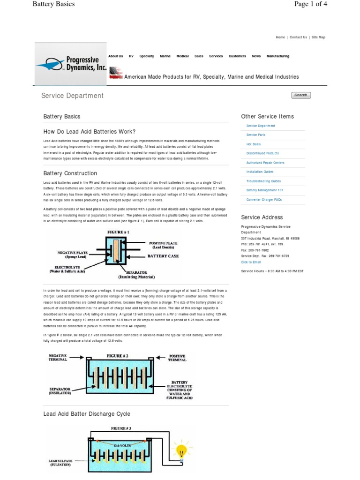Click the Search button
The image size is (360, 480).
click(x=300, y=95)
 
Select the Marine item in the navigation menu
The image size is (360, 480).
click(x=165, y=56)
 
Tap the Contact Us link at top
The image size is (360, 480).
click(x=298, y=37)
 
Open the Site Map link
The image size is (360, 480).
click(x=318, y=37)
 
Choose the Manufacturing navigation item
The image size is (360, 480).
click(x=277, y=56)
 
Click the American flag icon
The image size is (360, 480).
click(x=116, y=74)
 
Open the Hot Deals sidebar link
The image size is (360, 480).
click(x=254, y=144)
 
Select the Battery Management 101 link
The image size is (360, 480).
click(x=265, y=190)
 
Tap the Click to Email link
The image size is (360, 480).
click(x=251, y=262)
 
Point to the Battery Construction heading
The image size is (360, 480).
click(x=70, y=173)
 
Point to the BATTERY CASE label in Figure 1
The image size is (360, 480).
click(x=163, y=256)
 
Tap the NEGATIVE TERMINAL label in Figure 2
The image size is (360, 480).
click(x=58, y=358)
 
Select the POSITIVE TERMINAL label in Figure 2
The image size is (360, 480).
click(x=177, y=358)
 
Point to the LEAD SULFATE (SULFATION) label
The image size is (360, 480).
click(x=60, y=463)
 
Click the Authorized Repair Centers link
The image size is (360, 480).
click(x=265, y=163)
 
